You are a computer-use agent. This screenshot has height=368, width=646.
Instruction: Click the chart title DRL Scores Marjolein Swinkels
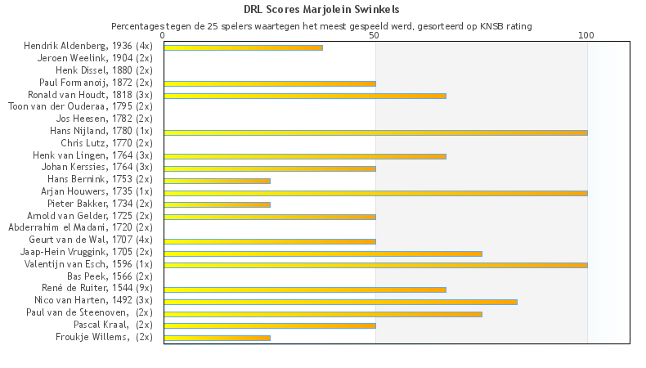pos(321,10)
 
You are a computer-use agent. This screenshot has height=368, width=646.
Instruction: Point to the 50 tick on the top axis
pos(375,36)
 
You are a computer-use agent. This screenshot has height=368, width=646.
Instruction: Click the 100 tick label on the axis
pos(586,36)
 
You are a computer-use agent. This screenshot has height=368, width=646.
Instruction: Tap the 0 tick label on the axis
pos(164,36)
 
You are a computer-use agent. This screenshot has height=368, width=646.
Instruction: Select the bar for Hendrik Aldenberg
pos(243,47)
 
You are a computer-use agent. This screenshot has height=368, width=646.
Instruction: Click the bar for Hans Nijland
pos(375,132)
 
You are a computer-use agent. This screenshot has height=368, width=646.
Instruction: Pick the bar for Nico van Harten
pos(340,302)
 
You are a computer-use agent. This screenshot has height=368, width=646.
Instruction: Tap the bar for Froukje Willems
pos(217,338)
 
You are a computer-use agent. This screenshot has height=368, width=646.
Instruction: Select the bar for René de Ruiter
pos(304,289)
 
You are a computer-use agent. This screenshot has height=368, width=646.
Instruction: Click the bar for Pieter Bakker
pos(217,204)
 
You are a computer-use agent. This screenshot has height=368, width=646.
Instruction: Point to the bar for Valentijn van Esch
pos(375,265)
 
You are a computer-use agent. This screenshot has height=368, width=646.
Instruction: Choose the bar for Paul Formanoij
pos(269,83)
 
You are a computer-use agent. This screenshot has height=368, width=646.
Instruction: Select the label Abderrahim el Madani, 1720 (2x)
pos(80,227)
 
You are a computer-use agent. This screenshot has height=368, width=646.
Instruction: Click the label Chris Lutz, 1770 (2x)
pos(106,143)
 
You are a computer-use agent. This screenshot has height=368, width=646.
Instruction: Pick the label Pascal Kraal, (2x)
pos(113,325)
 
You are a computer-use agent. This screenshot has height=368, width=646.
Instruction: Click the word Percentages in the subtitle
pos(137,26)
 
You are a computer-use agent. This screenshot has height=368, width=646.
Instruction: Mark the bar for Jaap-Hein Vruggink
pos(322,254)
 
